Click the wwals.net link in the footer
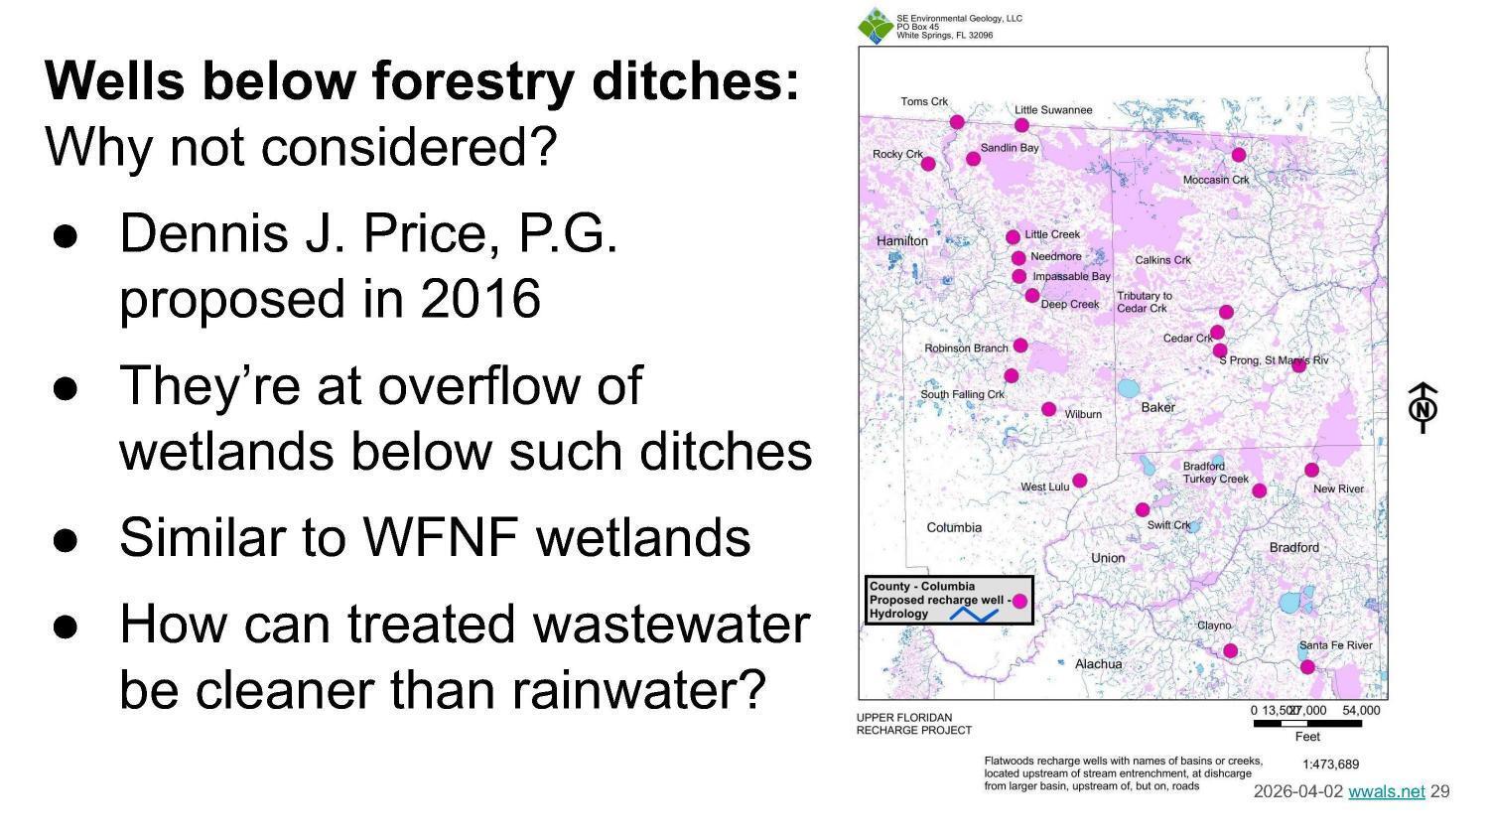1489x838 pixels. click(1386, 791)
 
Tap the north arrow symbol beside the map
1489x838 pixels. click(1423, 407)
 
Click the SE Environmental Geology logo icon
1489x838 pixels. click(875, 26)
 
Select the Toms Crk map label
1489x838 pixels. click(924, 101)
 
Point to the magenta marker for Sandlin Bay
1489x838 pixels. click(974, 159)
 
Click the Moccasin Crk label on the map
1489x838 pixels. click(1216, 180)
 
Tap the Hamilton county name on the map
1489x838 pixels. click(901, 241)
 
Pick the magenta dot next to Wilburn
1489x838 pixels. click(1049, 409)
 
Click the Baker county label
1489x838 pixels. click(1157, 407)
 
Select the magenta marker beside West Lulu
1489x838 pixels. click(1080, 481)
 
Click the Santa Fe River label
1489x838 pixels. click(1335, 645)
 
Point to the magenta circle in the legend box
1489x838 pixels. click(1019, 601)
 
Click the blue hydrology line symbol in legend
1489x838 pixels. click(974, 615)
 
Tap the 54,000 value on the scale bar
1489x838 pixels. click(1361, 710)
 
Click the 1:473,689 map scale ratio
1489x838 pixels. click(1330, 765)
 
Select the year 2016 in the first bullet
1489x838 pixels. click(480, 298)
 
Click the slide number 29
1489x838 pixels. click(1440, 791)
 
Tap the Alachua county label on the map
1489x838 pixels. click(1098, 663)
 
